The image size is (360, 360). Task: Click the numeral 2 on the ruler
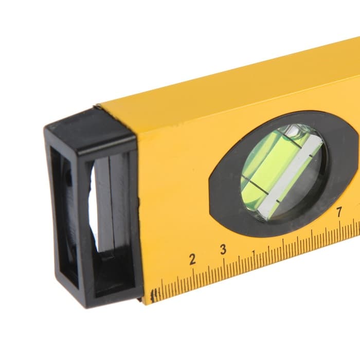[192, 259]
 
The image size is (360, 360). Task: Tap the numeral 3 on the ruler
[223, 249]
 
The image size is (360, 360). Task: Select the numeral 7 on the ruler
[339, 212]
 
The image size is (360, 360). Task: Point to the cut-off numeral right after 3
[254, 253]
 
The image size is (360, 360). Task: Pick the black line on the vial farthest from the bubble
[257, 186]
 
